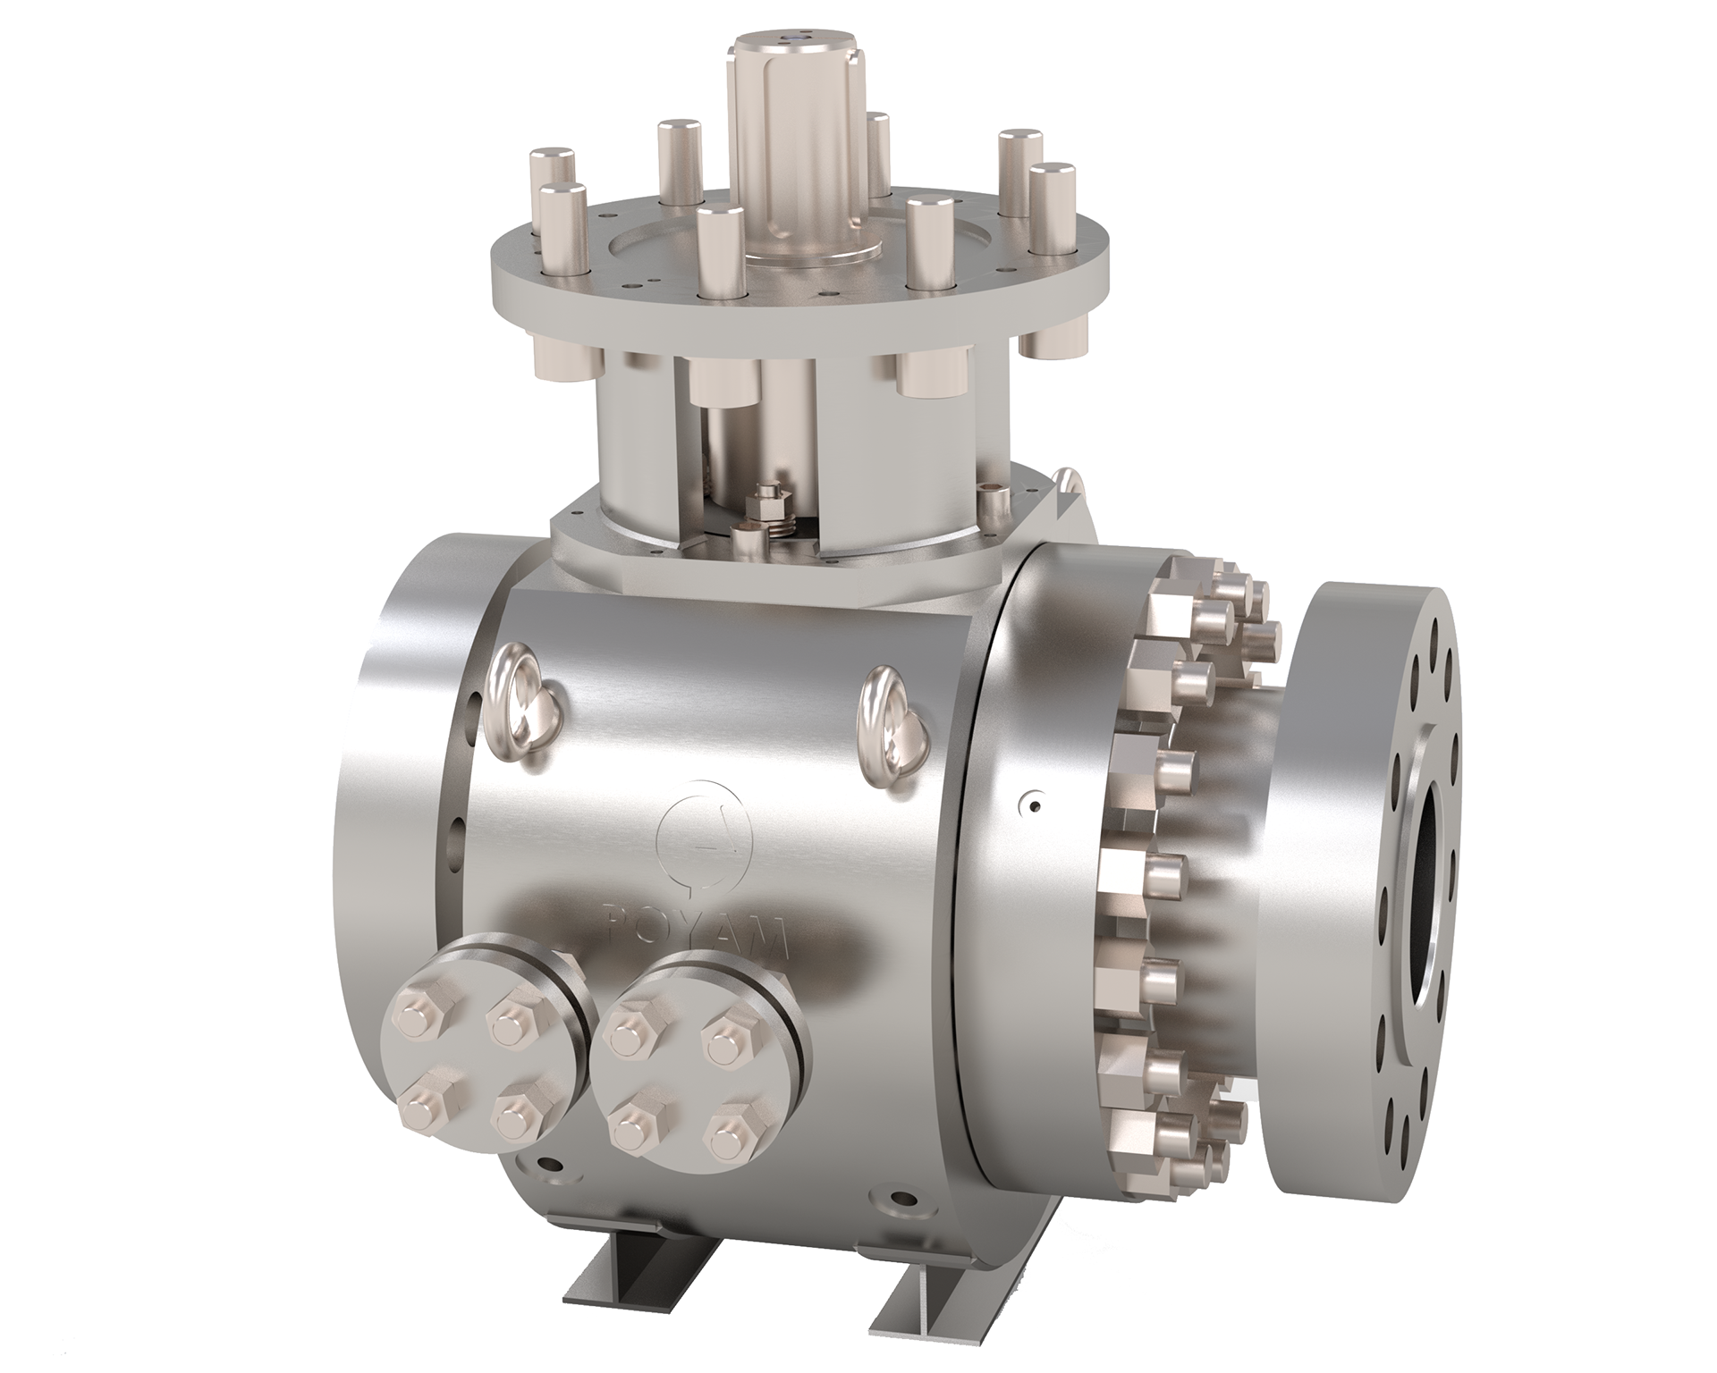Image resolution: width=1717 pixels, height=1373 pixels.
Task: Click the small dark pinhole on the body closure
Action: (x=1034, y=808)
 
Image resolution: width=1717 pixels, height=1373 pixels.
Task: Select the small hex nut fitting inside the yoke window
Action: (x=767, y=503)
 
